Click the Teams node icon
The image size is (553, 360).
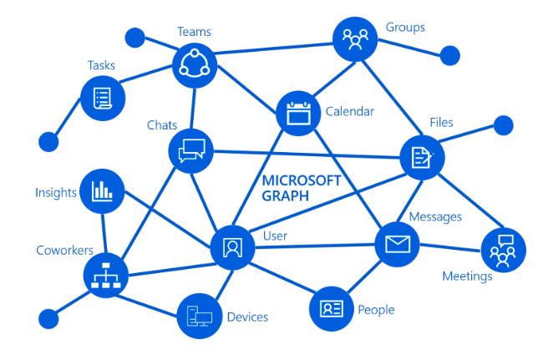coord(195,65)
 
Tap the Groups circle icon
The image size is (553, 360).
coord(355,38)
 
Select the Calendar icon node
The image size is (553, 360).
coord(297,113)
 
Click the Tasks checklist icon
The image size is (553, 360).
coord(103,97)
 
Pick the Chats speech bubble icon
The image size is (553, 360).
coord(191,150)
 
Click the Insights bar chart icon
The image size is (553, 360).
coord(102,191)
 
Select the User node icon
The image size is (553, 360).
coord(232,247)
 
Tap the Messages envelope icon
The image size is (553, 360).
coord(397,245)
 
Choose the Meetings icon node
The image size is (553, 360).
coord(503,249)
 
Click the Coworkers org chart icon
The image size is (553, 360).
coord(106,276)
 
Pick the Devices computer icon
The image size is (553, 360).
coord(200,315)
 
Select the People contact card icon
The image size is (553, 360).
coord(332,308)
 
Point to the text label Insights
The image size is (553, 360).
coord(56,193)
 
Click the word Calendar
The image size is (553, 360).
coord(349,111)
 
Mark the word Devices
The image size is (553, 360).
coord(247,317)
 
